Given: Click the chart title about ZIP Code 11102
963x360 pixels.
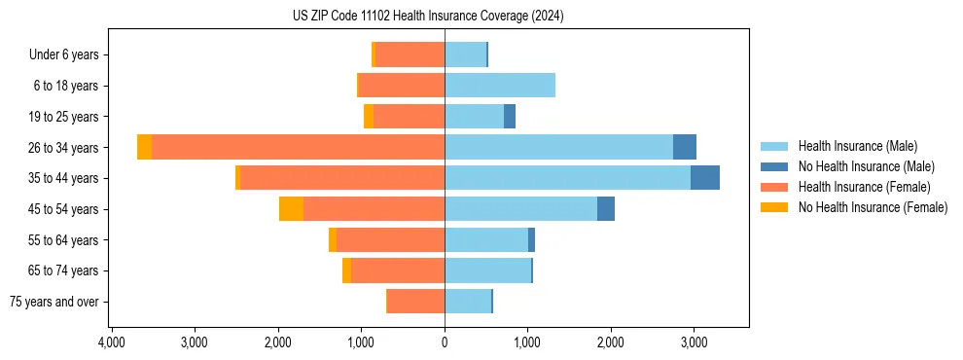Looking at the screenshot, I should (x=428, y=17).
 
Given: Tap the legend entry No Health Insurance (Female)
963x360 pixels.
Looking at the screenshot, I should (x=873, y=207).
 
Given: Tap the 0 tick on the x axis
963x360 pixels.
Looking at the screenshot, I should (x=445, y=342).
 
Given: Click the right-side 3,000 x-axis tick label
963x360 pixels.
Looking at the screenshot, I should (x=694, y=342).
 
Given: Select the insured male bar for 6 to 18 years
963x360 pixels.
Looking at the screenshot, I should (x=500, y=86).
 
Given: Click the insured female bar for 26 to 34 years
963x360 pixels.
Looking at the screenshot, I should (x=298, y=147).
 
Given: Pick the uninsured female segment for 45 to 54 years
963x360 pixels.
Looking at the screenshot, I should (x=291, y=208).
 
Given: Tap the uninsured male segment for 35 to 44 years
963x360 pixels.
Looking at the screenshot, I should (x=705, y=178).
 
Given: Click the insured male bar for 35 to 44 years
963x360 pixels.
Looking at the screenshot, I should (x=567, y=178).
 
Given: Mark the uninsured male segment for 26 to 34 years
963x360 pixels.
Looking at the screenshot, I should (x=685, y=147).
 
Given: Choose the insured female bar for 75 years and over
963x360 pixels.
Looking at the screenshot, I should (x=416, y=302).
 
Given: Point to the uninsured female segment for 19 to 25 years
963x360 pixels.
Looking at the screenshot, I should (x=369, y=117).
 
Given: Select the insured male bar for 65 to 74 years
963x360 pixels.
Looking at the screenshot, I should (x=487, y=270).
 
